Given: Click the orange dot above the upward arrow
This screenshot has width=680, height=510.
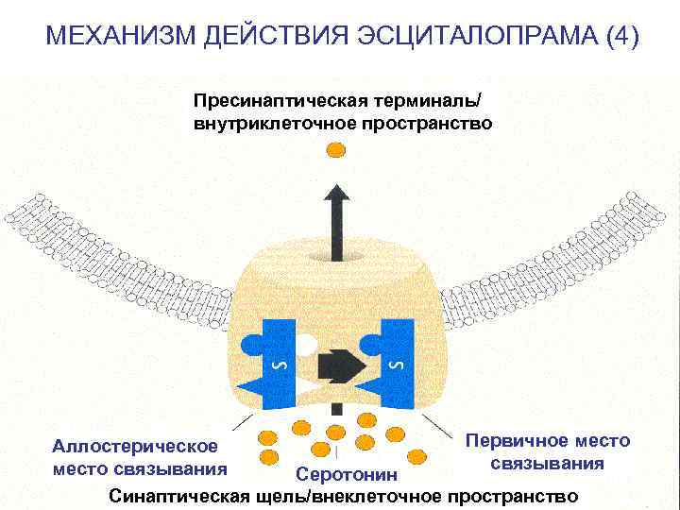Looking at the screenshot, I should click(336, 149).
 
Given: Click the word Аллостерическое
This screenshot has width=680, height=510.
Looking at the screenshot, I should click(134, 446).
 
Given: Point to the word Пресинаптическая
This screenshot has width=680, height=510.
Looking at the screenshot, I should click(273, 101).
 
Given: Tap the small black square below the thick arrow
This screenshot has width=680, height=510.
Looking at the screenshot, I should click(336, 409).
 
